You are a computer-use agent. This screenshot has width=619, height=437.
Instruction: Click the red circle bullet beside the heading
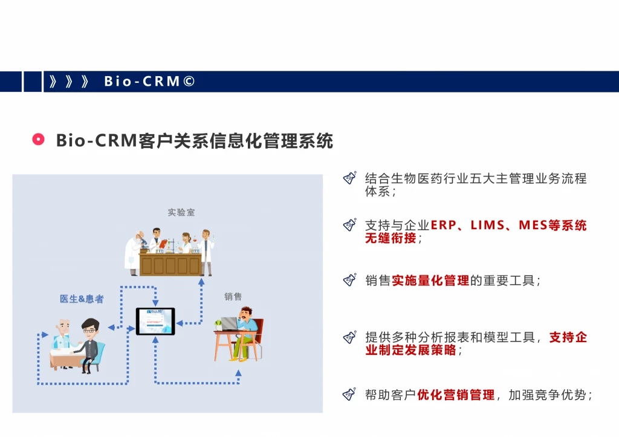pyautogui.click(x=38, y=140)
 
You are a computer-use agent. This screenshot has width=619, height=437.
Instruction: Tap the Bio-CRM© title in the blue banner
pyautogui.click(x=149, y=82)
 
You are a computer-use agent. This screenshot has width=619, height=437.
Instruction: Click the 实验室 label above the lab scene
pyautogui.click(x=181, y=212)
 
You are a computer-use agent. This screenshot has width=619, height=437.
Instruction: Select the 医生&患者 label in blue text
pyautogui.click(x=82, y=299)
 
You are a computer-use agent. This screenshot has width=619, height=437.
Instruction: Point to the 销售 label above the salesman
pyautogui.click(x=233, y=296)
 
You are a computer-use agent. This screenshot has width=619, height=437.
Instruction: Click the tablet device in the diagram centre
pyautogui.click(x=155, y=322)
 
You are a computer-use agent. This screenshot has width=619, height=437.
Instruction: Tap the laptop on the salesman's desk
pyautogui.click(x=229, y=324)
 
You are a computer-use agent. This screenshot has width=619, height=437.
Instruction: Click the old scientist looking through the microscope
pyautogui.click(x=134, y=253)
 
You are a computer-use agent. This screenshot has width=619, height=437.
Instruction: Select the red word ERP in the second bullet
pyautogui.click(x=443, y=225)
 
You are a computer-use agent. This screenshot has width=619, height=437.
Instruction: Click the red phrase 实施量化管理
pyautogui.click(x=430, y=280)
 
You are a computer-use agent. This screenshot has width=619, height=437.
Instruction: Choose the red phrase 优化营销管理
pyautogui.click(x=456, y=395)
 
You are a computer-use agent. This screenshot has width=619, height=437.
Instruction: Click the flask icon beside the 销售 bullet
pyautogui.click(x=350, y=279)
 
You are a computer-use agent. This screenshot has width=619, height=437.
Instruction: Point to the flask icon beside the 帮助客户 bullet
pyautogui.click(x=350, y=394)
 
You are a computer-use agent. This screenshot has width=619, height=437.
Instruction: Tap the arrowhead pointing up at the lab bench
pyautogui.click(x=201, y=282)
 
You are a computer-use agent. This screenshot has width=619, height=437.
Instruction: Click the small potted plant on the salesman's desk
pyautogui.click(x=218, y=325)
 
